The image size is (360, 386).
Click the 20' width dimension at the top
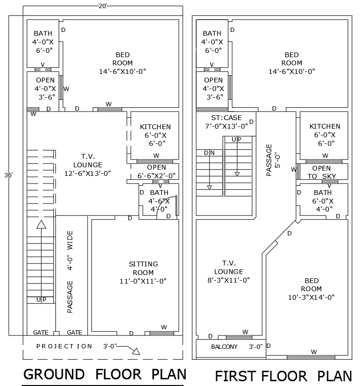pyautogui.click(x=102, y=6)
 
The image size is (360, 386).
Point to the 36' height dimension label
pyautogui.click(x=9, y=175)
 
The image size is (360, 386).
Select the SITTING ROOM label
pyautogui.click(x=143, y=268)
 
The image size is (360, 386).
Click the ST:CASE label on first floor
pyautogui.click(x=227, y=118)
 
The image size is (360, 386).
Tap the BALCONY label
pyautogui.click(x=224, y=347)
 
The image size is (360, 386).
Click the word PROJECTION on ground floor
pyautogui.click(x=64, y=346)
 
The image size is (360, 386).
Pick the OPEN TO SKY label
pyautogui.click(x=321, y=172)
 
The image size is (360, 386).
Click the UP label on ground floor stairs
pyautogui.click(x=41, y=300)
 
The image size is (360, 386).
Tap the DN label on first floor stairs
pyautogui.click(x=209, y=153)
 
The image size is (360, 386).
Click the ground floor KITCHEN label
pyautogui.click(x=155, y=127)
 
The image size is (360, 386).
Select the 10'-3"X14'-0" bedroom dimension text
pyautogui.click(x=311, y=297)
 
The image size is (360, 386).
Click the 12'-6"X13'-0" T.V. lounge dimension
pyautogui.click(x=88, y=173)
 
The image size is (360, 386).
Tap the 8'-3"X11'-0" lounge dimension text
pyautogui.click(x=229, y=280)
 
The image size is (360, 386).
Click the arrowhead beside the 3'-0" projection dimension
pyautogui.click(x=135, y=352)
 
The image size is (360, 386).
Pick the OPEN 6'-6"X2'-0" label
pyautogui.click(x=157, y=172)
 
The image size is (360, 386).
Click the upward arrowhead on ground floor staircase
pyautogui.click(x=41, y=225)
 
